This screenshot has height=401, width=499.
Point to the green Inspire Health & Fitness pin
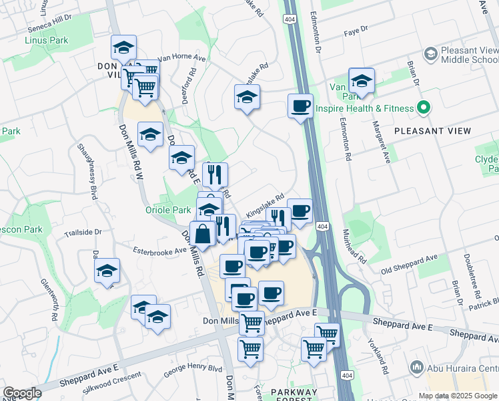pos(422,108)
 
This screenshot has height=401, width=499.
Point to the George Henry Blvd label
pos(193,368)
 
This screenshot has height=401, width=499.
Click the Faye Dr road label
pos(355,30)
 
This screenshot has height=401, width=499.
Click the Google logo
pos(22,393)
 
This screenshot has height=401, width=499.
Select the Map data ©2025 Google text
pos(458,396)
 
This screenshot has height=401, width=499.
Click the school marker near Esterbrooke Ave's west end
pos(107,271)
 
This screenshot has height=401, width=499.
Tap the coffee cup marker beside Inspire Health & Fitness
pos(300,106)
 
